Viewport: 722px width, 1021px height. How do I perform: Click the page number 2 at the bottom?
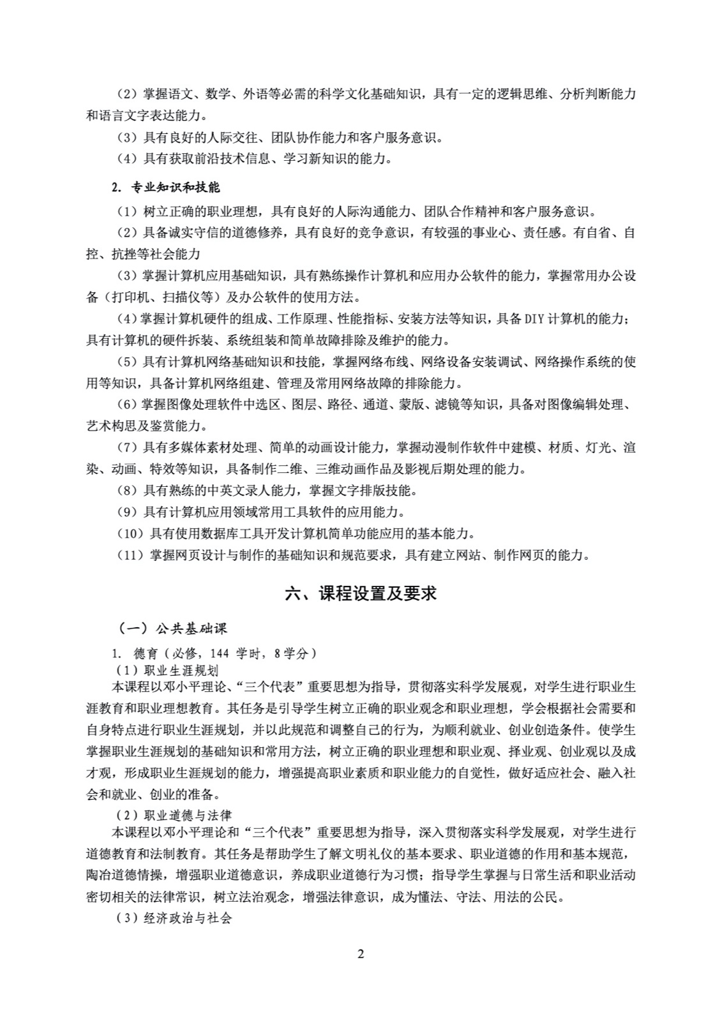(x=361, y=954)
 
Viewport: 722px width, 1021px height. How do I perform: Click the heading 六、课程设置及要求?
(x=361, y=593)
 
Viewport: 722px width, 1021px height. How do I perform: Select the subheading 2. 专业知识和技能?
(x=165, y=187)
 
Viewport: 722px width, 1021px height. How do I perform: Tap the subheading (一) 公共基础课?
(x=173, y=629)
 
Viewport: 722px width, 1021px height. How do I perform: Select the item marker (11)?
(x=130, y=555)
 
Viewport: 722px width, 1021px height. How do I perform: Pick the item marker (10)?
(x=130, y=533)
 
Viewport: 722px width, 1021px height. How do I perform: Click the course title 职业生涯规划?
(x=181, y=670)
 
